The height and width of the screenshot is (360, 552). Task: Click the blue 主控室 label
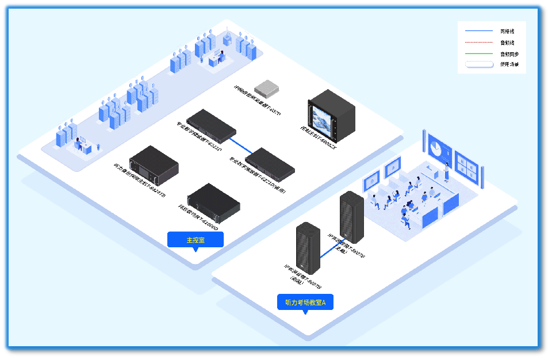point(195,239)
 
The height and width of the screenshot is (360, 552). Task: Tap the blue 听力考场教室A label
point(305,302)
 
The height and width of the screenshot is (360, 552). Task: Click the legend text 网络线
point(507,30)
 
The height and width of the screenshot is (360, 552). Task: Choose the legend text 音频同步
point(509,53)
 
